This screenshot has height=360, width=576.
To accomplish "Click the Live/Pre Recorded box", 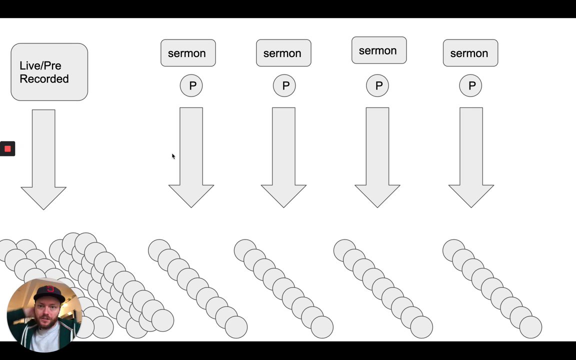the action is click(49, 72).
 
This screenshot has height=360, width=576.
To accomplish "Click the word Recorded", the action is click(44, 79).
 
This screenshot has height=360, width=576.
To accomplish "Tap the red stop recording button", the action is click(7, 149).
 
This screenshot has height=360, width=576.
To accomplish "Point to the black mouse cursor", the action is click(173, 156).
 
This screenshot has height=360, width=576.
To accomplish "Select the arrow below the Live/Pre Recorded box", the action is click(43, 159).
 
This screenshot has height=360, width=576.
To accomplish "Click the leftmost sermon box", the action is click(188, 53).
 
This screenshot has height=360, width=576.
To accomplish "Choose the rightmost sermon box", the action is click(470, 53).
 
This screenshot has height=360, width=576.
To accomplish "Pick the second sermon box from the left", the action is click(283, 53).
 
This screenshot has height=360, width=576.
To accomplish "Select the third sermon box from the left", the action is click(379, 50).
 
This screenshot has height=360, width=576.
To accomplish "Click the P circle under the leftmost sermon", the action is click(191, 85).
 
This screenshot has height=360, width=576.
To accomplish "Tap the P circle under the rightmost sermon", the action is click(470, 85).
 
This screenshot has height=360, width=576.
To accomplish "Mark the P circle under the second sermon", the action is click(284, 85).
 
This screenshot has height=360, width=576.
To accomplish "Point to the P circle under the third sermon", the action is click(377, 85).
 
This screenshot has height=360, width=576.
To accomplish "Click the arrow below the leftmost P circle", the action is click(191, 157).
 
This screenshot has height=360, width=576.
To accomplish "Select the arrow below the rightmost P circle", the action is click(471, 157).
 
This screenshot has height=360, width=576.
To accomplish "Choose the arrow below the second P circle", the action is click(283, 157).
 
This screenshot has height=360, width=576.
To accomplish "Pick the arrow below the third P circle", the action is click(377, 157).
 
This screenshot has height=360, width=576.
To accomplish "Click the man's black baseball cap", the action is click(49, 293).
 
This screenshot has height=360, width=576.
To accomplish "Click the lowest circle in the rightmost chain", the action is click(530, 327).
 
